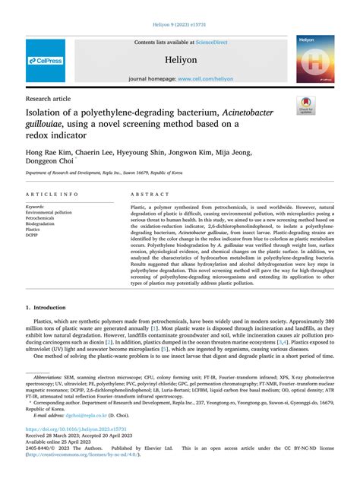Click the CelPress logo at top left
[45, 60]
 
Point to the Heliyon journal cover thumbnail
[315, 59]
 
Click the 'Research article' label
[48, 99]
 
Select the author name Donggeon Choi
[51, 161]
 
